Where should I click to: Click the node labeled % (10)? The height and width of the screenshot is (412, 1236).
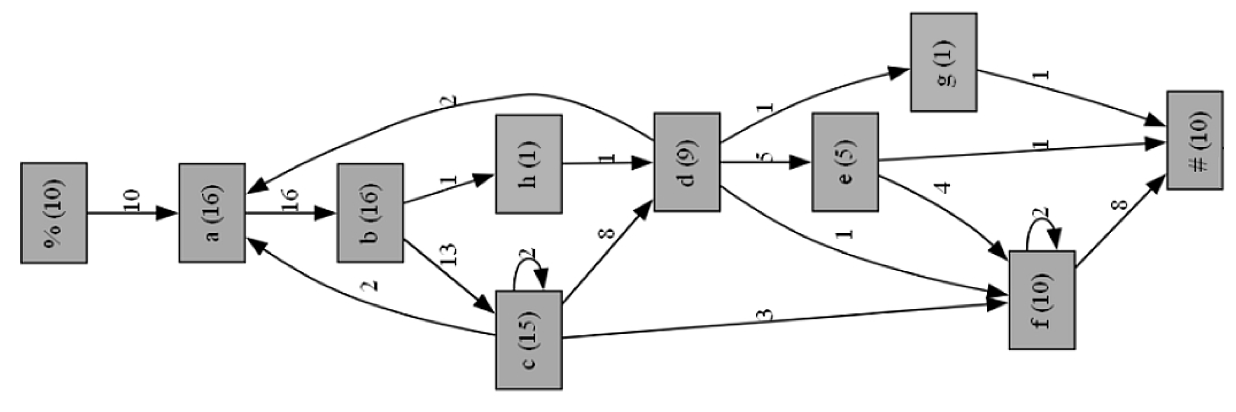(x=54, y=213)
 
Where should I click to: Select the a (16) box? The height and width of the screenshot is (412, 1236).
(x=212, y=213)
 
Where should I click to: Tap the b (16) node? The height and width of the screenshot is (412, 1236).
(x=370, y=213)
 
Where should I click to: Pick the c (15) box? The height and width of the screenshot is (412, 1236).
(x=529, y=340)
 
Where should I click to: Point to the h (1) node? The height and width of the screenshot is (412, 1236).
(x=529, y=164)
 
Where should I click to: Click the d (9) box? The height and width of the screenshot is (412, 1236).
(x=687, y=162)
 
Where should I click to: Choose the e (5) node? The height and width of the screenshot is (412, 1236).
(x=845, y=162)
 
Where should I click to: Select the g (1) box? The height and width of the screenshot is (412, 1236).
(x=943, y=62)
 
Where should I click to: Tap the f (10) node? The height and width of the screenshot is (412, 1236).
(x=1042, y=301)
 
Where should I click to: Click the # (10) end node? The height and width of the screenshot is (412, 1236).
(x=1194, y=140)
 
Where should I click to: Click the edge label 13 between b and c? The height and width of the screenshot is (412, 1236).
(x=448, y=255)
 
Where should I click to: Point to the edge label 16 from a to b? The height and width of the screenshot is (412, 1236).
(x=290, y=200)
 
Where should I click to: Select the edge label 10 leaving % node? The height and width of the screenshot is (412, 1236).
(x=131, y=200)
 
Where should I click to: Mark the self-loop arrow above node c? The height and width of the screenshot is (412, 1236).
(x=528, y=268)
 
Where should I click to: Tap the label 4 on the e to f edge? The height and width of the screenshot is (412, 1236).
(x=943, y=187)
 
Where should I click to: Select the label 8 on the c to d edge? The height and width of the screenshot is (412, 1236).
(x=606, y=233)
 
